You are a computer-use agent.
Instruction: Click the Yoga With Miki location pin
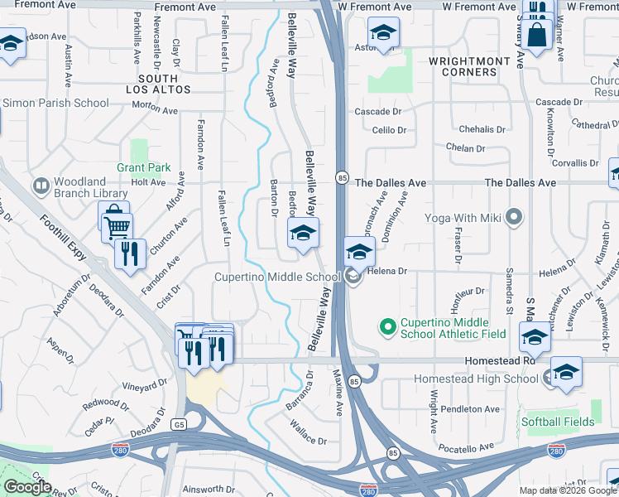click(x=514, y=218)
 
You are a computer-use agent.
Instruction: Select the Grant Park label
click(x=143, y=167)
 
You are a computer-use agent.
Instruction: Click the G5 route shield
click(x=178, y=423)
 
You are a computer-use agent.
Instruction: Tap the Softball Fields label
click(x=558, y=422)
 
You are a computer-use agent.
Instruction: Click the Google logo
click(x=26, y=487)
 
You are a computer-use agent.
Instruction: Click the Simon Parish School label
click(x=55, y=104)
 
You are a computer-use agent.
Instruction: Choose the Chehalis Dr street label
click(x=482, y=129)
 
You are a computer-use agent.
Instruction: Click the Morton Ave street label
click(x=155, y=109)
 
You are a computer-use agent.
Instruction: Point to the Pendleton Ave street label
click(x=470, y=409)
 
